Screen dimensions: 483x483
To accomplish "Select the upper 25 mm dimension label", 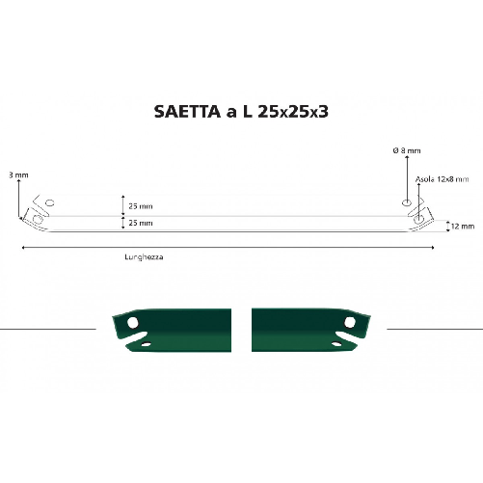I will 140,206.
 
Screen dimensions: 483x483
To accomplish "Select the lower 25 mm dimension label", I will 140,223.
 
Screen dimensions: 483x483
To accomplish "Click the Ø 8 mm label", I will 406,150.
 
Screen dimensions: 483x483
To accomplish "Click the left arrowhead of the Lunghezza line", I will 22,248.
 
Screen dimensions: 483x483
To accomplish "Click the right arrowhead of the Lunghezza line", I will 433,248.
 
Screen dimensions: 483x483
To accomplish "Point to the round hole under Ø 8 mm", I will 407,202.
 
